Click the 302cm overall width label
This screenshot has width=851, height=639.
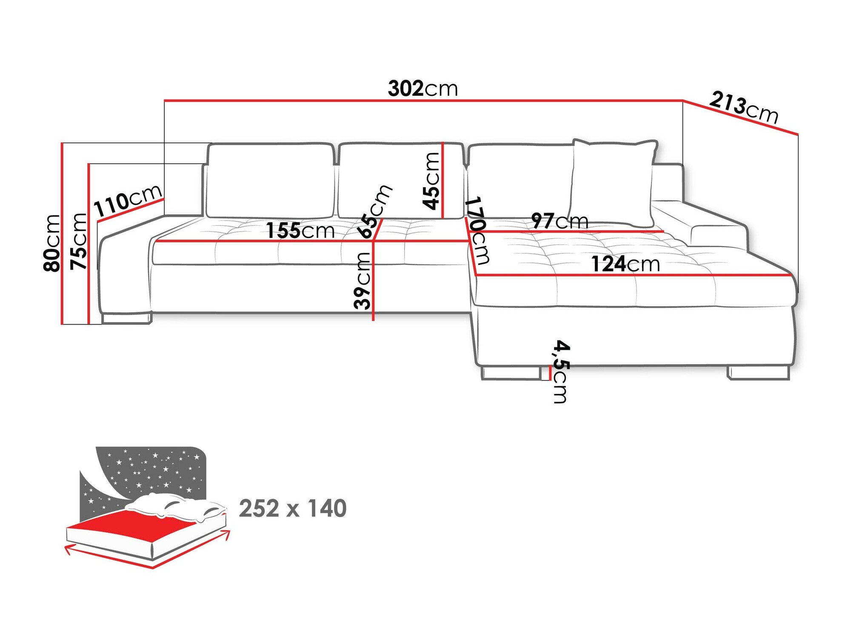coord(423,89)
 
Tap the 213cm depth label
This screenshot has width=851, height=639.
coord(743,107)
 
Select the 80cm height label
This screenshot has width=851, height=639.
coord(52,243)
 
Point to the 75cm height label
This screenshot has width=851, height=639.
coord(79,242)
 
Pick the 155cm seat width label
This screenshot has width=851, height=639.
coord(300,231)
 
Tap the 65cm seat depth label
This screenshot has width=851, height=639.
coord(374,211)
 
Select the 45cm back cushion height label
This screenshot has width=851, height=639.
coord(431,181)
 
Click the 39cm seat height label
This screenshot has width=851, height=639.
coord(363,280)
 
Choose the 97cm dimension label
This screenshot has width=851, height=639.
coord(560,221)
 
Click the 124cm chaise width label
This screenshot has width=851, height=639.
coord(625,264)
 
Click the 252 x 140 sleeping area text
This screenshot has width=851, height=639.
coord(293,509)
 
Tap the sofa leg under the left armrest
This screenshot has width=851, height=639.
coord(126,318)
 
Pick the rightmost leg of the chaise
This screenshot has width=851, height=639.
coord(758,373)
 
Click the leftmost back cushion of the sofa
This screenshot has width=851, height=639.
coord(270,181)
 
